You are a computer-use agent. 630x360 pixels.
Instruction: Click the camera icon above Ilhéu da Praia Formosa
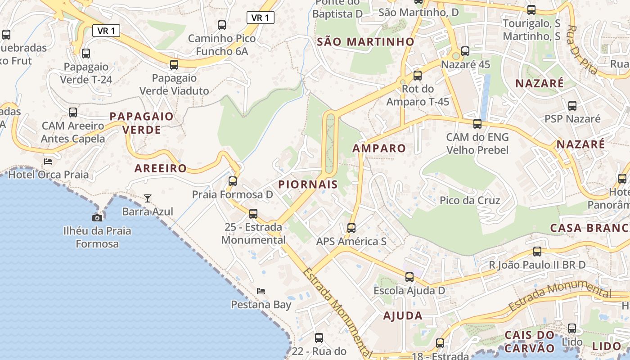[x=97, y=218]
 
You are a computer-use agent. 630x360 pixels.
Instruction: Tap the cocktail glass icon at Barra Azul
[x=147, y=198]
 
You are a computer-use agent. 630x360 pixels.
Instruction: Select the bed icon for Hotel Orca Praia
[x=48, y=161]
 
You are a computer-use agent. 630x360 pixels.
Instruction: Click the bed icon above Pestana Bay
[x=261, y=291]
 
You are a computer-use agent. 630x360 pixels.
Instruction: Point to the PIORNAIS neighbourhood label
[x=308, y=184]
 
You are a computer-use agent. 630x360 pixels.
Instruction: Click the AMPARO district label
[x=379, y=148]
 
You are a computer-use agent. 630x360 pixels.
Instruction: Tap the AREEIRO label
[x=161, y=168]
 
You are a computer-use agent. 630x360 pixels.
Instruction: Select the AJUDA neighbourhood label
[x=403, y=315]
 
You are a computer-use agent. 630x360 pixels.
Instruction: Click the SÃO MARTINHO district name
[x=365, y=42]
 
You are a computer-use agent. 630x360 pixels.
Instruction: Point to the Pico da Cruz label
[x=470, y=200]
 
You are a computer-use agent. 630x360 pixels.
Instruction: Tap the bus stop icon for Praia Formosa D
[x=233, y=181]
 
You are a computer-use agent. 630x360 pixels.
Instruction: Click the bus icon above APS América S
[x=351, y=228]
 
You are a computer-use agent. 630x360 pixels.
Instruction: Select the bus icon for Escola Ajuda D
[x=409, y=277]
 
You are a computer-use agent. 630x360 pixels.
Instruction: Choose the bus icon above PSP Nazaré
[x=572, y=106]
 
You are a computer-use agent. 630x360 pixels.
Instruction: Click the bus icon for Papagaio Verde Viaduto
[x=174, y=65]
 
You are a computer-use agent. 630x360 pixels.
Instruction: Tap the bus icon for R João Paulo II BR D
[x=537, y=252]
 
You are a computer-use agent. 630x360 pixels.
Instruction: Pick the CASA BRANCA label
[x=589, y=228]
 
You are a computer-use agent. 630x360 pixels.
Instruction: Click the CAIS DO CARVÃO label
[x=530, y=342]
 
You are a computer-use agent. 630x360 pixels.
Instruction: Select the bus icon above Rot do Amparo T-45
[x=418, y=76]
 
